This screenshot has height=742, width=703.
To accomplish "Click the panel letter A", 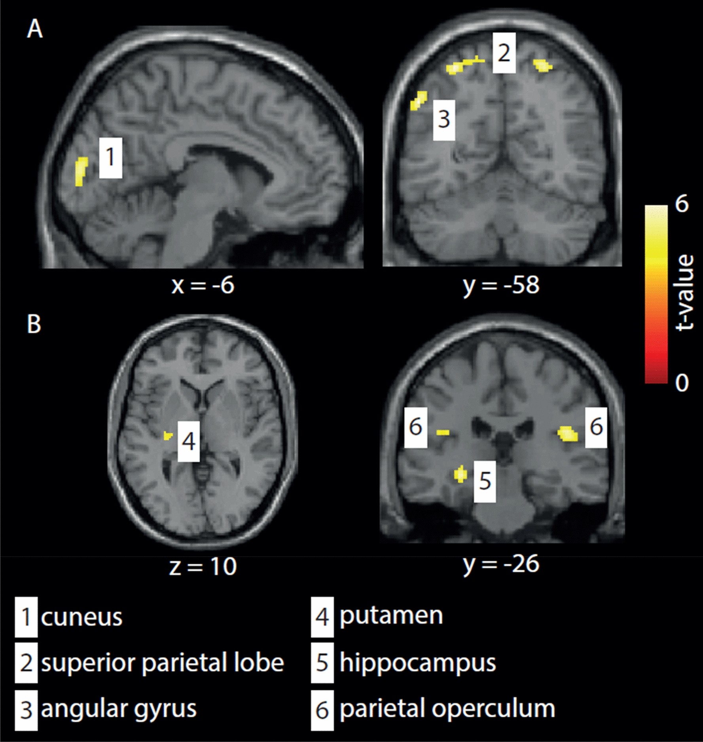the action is point(35,30).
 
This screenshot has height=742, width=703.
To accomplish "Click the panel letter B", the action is point(34,324).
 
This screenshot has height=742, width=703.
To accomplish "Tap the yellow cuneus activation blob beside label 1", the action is point(81,171).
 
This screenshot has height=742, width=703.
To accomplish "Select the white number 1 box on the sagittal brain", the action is point(110,157).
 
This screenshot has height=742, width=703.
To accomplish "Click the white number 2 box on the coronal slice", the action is point(504,53).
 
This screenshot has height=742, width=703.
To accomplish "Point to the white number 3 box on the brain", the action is point(444,119).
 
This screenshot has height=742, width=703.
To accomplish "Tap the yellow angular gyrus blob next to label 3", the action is point(419,100).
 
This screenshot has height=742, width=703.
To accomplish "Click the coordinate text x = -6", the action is point(203,285).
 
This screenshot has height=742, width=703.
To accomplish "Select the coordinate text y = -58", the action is point(501,285).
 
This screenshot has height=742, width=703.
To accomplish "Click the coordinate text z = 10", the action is point(203,566).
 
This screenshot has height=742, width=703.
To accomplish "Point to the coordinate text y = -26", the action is point(501,564).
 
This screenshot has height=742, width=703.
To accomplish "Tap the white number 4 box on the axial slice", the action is point(188,441).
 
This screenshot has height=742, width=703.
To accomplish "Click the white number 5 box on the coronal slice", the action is point(485,481).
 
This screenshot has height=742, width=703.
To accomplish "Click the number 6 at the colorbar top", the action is point(682,204).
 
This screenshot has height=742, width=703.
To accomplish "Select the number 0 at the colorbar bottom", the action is point(682,382).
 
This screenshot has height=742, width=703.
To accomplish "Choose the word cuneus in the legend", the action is point(81,617).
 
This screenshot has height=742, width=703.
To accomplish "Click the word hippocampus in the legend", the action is point(418,663).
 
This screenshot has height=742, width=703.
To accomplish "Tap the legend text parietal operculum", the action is point(447,708).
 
